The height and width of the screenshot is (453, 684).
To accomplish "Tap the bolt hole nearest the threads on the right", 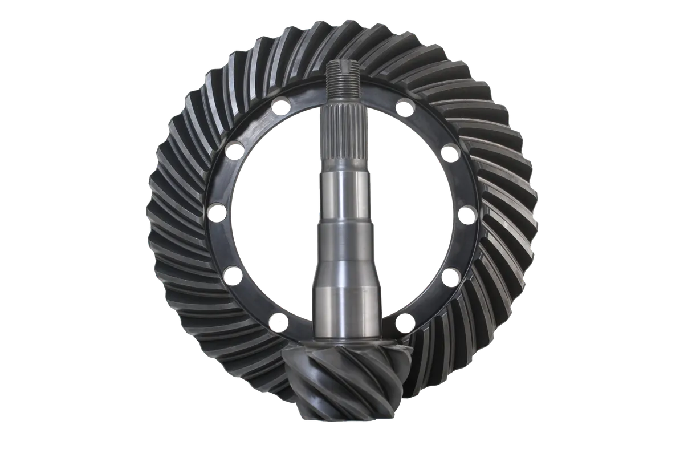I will pos(404,107).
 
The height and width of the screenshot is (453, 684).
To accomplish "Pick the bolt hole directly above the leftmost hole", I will pos(231,151).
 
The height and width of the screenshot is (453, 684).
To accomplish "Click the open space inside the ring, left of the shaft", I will pos(268,217).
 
